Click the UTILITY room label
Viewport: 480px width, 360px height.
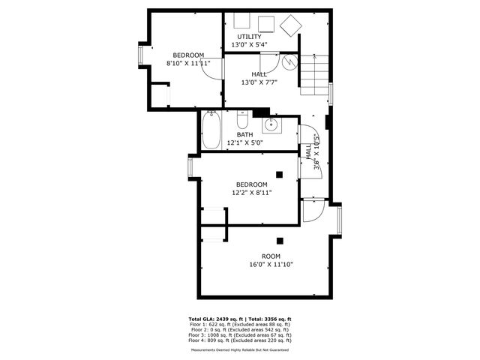pos(250,36)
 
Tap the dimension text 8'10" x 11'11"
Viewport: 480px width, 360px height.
pos(188,64)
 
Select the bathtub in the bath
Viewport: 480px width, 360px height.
pos(211,130)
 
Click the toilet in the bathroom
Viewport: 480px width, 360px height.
pos(242,121)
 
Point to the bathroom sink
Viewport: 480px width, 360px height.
pos(271,124)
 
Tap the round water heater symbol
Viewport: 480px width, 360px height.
pos(290,63)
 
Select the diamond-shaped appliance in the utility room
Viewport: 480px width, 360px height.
pos(289,25)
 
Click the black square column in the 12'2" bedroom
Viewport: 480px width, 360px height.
pos(279,174)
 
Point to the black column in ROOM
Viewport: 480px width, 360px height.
pos(279,241)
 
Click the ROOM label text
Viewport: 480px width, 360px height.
pos(271,256)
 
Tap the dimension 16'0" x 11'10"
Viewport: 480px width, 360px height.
pos(271,264)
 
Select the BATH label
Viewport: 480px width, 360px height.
pos(244,134)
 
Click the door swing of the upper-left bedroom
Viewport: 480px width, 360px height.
pos(213,68)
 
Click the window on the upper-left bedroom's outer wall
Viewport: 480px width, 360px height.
pos(140,55)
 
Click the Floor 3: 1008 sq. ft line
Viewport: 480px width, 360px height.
pos(240,334)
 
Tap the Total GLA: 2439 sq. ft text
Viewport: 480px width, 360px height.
pos(217,319)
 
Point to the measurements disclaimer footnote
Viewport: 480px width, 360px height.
pos(240,349)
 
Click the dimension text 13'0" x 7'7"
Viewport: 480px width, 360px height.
pos(259,82)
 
